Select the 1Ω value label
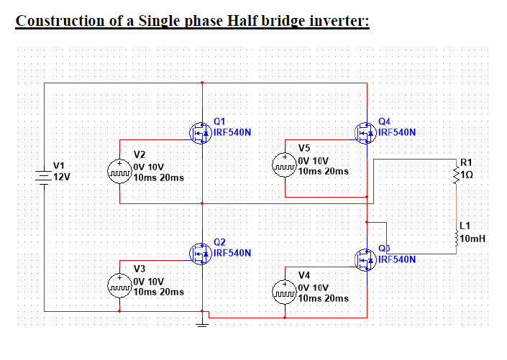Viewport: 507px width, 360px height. (468, 174)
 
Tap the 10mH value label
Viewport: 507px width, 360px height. (473, 239)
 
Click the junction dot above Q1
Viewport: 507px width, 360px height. (202, 83)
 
